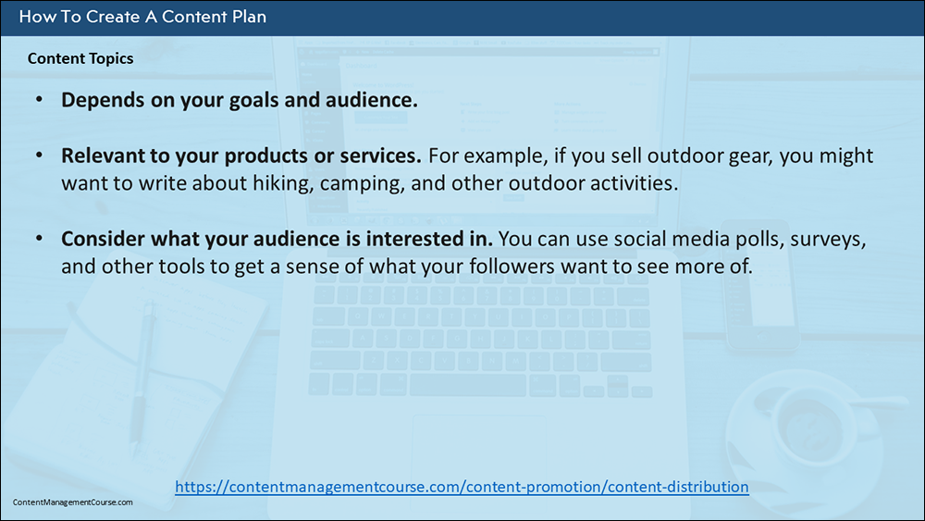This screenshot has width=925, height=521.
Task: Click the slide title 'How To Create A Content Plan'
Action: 142,17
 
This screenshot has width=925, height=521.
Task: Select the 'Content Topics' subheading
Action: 80,58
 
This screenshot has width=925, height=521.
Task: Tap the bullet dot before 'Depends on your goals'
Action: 39,100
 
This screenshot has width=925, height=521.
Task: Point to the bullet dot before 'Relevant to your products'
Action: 39,155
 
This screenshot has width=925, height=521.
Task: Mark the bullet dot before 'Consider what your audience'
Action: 39,239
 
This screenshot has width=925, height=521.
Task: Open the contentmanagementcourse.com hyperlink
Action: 462,487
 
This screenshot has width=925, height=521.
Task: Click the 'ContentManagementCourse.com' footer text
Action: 72,502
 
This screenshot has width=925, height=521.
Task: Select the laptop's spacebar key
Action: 467,385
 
